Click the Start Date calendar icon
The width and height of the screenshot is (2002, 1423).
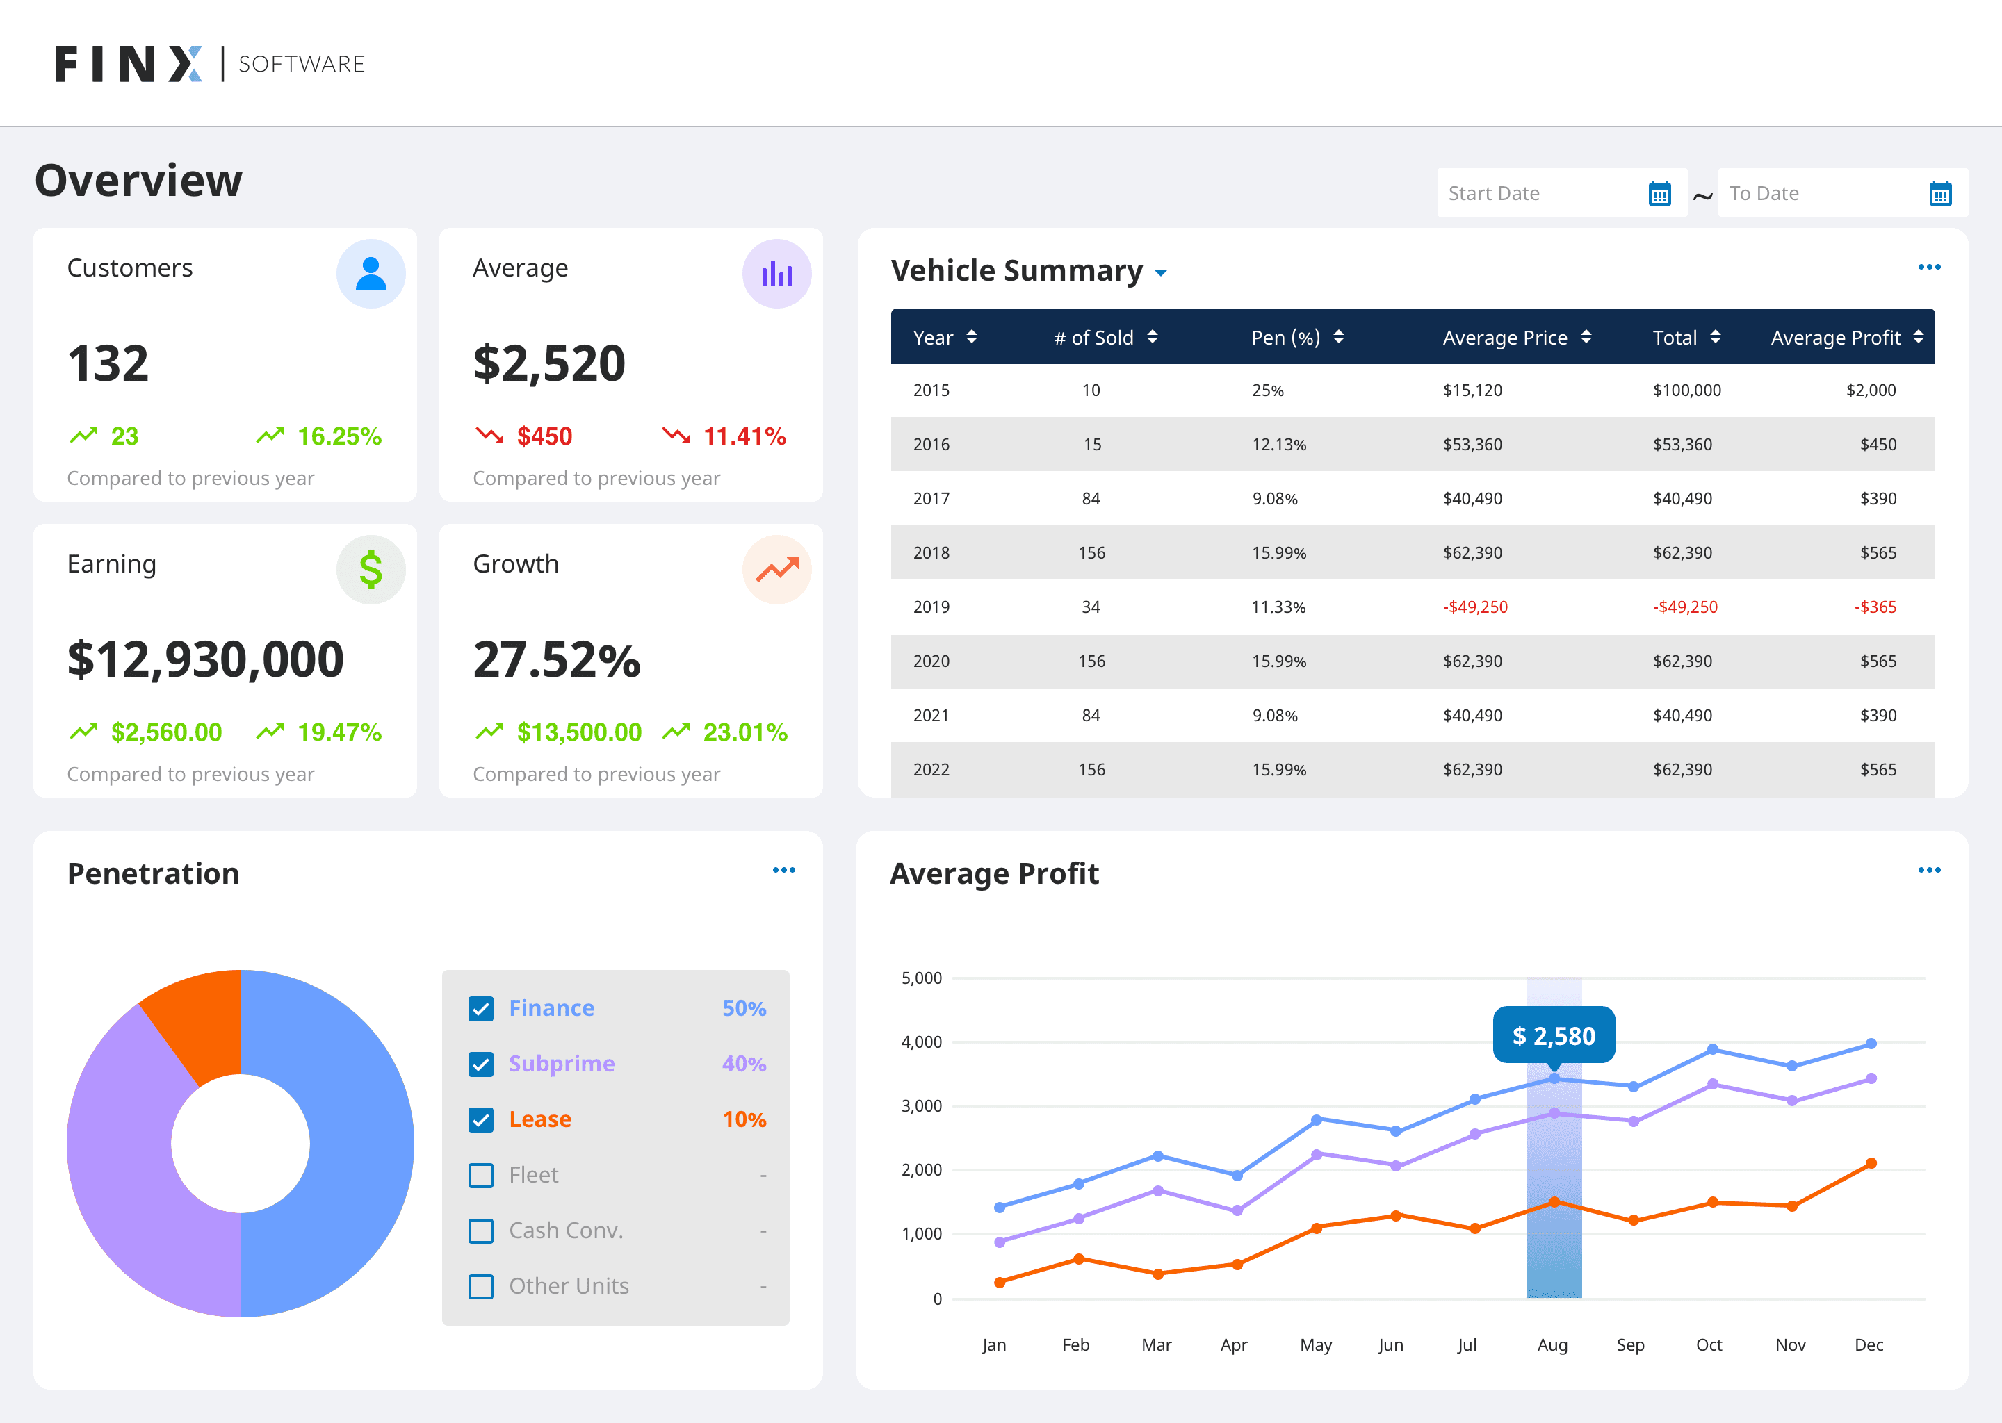pos(1659,194)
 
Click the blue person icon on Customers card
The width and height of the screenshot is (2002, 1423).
pos(371,273)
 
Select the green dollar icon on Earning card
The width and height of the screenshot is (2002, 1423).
pos(371,570)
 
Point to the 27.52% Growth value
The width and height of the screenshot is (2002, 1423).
pos(557,660)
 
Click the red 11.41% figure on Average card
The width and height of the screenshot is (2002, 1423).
pos(745,436)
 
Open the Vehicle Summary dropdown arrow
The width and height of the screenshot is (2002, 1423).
pos(1160,273)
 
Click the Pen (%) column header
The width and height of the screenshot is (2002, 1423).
pos(1285,338)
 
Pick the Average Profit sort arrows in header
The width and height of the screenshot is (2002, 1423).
pos(1918,338)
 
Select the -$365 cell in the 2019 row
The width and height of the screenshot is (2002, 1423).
pos(1875,607)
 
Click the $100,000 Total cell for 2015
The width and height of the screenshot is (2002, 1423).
pos(1686,390)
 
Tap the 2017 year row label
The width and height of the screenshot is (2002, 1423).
pos(931,499)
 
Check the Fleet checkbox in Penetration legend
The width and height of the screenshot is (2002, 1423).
pos(481,1175)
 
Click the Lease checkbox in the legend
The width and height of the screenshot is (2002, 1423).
pos(481,1120)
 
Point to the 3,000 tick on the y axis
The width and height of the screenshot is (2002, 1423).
pos(921,1105)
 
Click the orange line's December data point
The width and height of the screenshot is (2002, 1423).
pos(1871,1164)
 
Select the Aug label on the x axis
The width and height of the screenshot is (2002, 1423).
pos(1552,1345)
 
